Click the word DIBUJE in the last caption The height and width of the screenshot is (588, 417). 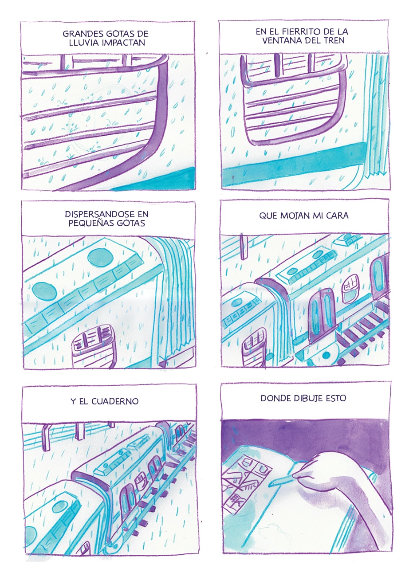coord(302,398)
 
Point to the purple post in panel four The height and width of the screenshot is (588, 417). coord(244,246)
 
